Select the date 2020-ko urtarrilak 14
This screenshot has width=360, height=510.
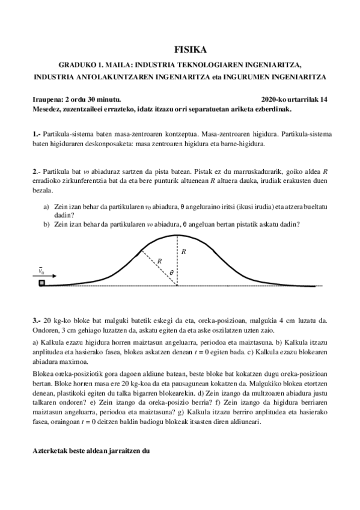tap(294, 99)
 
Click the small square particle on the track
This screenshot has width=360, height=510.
tap(41, 283)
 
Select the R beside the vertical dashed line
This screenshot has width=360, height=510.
tap(183, 251)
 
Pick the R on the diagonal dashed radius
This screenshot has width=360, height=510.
tap(159, 262)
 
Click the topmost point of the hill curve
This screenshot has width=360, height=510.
tap(177, 235)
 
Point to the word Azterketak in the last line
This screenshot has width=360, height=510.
tap(53, 449)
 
